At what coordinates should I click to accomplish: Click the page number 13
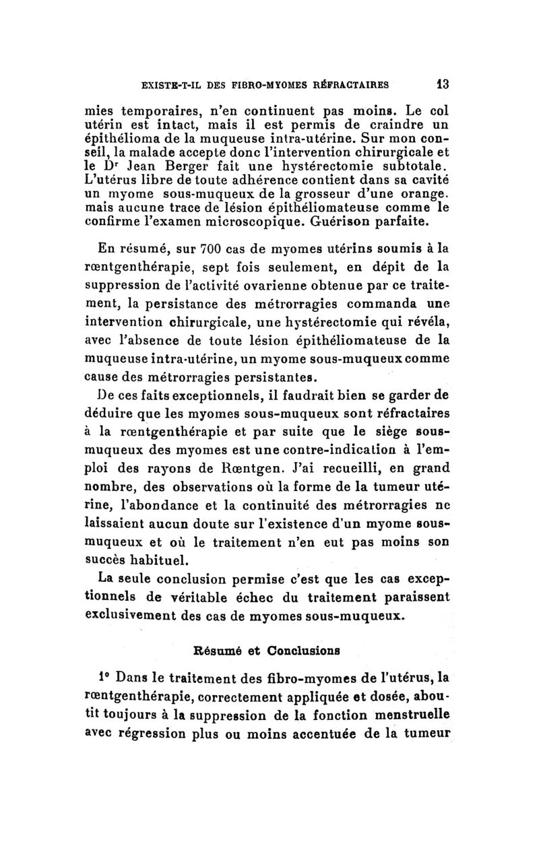click(x=442, y=85)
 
